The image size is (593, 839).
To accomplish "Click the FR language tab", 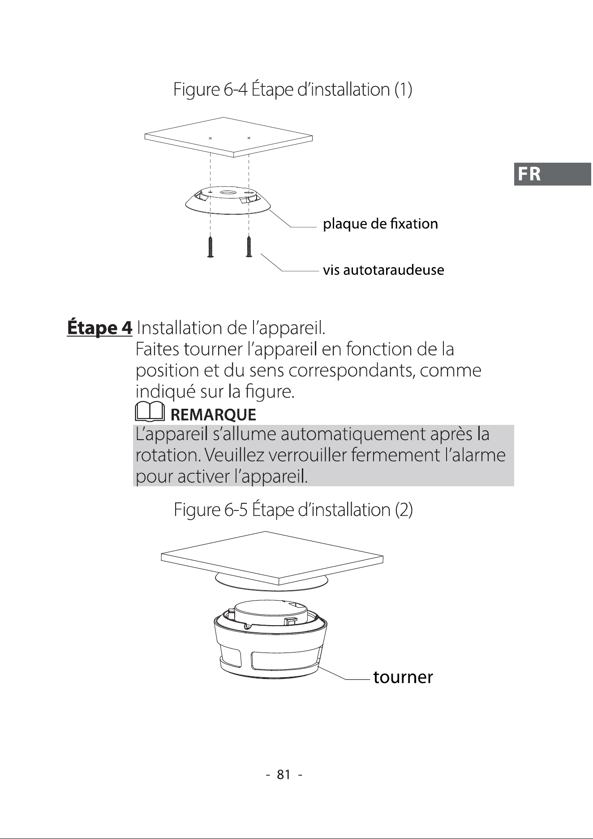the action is pos(553,174).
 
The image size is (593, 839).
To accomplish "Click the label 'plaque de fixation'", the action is pos(381,224).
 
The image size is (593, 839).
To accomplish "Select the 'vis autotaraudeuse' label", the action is pos(384,270).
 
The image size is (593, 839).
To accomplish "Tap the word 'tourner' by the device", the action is pos(403,677).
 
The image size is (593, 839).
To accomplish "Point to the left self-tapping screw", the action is pos(211,247).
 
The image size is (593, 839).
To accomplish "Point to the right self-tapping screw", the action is pos(249,247).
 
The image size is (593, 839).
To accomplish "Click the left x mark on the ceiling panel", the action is pos(210,138).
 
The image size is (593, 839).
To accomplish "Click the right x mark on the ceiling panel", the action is pos(249,138).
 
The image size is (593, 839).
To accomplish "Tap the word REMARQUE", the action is pos(214,415).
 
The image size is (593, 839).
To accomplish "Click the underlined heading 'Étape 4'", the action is pos(99,328).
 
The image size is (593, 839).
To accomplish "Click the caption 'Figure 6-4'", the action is pos(210,90).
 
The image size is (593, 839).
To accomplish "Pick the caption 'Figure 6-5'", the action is pos(211,510).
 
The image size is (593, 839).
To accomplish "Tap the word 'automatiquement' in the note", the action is pos(353,434).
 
